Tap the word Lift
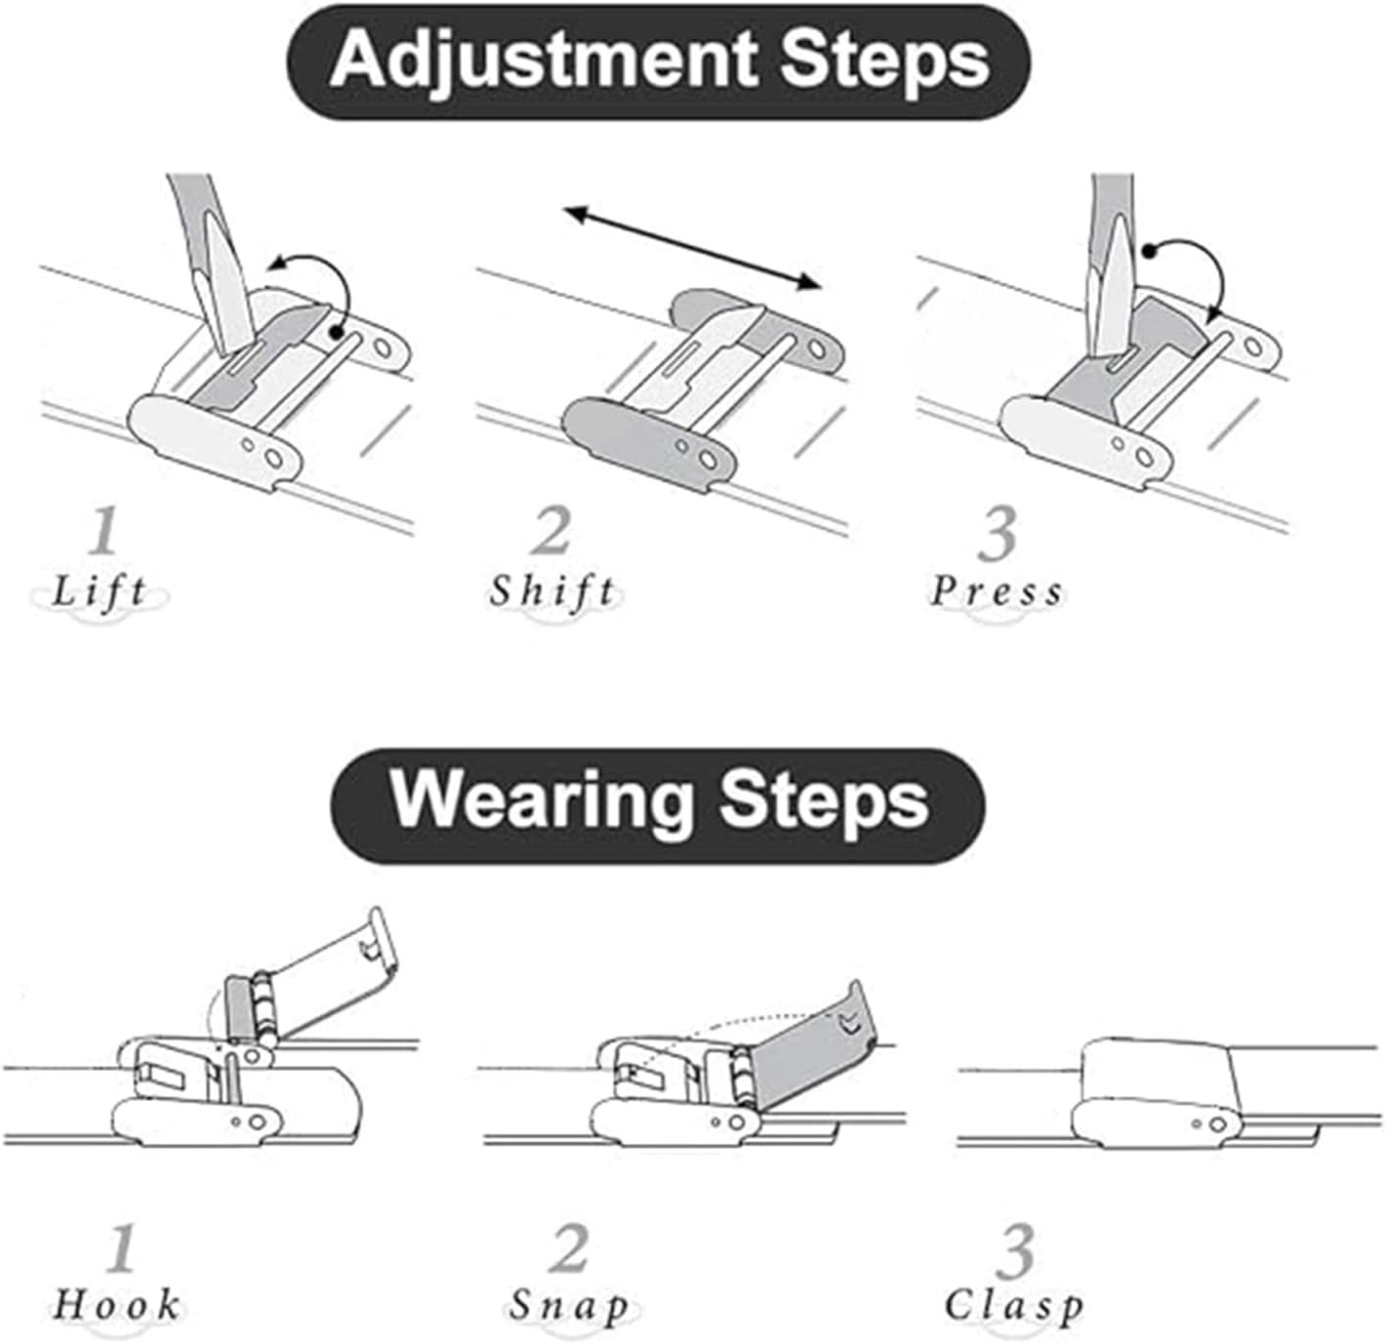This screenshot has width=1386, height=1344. [x=100, y=592]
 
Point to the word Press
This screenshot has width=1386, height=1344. [x=997, y=592]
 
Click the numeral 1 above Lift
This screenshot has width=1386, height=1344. [x=104, y=530]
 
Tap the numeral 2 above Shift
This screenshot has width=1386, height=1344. [x=551, y=530]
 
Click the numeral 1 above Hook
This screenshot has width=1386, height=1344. [x=121, y=1247]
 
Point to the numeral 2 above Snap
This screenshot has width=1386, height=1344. [x=568, y=1247]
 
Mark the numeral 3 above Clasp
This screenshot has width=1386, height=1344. [x=1014, y=1250]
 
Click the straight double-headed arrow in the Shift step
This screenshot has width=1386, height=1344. [x=693, y=248]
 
